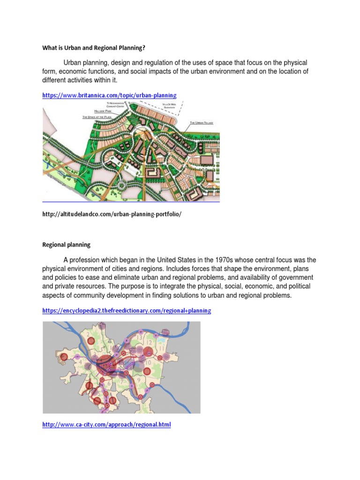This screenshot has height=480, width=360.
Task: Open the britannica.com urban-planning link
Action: click(109, 95)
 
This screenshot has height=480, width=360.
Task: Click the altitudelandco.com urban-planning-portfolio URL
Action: click(112, 214)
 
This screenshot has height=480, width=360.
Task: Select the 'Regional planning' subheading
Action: click(66, 245)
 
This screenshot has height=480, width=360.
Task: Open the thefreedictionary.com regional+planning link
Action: click(127, 311)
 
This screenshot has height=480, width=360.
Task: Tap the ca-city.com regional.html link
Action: click(106, 425)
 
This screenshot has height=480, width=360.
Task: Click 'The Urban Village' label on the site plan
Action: click(202, 122)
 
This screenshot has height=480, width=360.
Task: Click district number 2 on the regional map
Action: click(88, 334)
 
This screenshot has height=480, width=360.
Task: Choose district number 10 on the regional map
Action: click(148, 363)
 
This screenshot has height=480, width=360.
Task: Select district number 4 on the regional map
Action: click(80, 362)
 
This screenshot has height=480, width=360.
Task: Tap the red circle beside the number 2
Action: click(92, 341)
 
